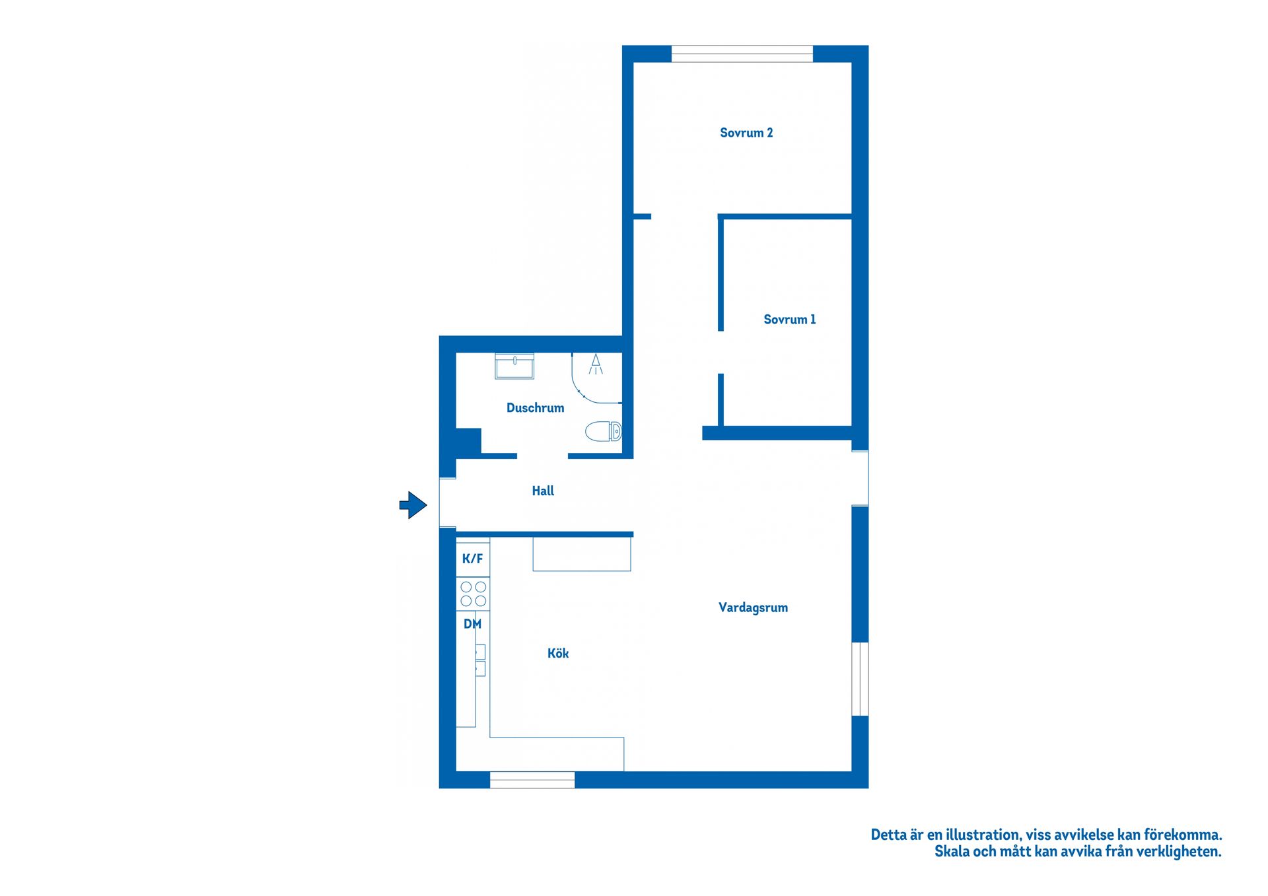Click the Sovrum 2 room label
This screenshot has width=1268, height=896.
click(746, 133)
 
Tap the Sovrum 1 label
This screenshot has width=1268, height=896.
click(789, 320)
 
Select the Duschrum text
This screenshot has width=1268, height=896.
click(535, 408)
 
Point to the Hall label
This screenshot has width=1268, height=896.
click(543, 491)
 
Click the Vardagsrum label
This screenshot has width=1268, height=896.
click(753, 607)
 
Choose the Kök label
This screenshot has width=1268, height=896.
click(558, 653)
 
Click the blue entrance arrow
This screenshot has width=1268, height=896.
click(413, 505)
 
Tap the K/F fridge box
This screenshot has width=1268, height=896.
click(472, 559)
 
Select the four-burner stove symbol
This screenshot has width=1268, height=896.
click(473, 594)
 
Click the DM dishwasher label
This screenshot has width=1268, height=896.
click(472, 624)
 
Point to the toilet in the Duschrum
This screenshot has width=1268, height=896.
click(604, 432)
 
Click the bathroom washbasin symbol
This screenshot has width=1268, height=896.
click(514, 366)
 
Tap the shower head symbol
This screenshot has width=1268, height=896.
click(596, 364)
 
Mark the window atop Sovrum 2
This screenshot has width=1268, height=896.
click(742, 54)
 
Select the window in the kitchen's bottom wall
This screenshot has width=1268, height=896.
click(532, 780)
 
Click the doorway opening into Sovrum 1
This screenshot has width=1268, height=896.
click(721, 353)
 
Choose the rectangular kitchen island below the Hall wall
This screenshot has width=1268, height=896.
click(581, 555)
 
